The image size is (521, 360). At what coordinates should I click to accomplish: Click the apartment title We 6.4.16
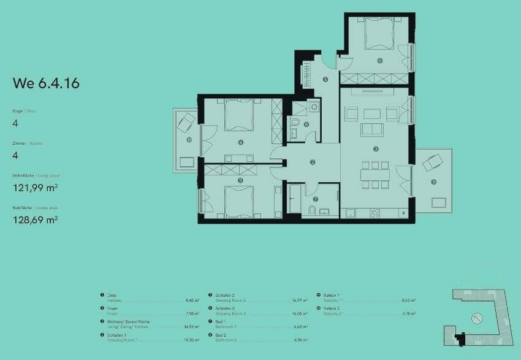tap(46, 84)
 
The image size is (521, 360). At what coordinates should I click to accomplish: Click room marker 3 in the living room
tap(376, 149)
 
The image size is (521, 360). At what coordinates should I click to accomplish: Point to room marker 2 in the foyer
tap(313, 162)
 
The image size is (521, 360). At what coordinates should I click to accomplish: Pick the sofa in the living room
tap(372, 129)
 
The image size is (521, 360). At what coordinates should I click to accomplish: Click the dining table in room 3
tap(375, 174)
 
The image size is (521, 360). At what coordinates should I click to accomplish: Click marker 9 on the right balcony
tap(433, 182)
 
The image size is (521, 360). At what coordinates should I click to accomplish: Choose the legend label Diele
tap(111, 295)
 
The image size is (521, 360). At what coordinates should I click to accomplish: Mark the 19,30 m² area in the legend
tap(192, 340)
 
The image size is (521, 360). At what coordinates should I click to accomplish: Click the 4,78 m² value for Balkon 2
tap(409, 313)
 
